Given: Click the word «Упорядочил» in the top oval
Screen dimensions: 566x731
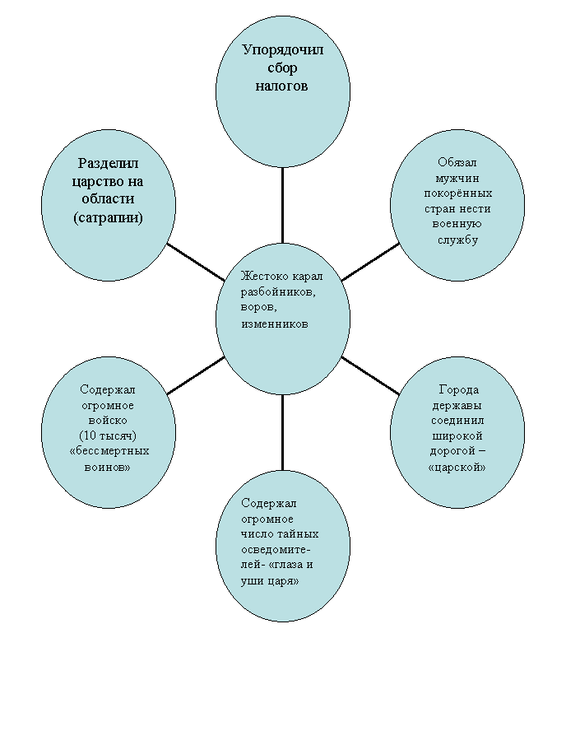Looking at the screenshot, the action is [283, 51].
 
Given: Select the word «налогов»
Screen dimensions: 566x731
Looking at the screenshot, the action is [281, 86].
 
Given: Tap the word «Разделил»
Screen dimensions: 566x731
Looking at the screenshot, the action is [108, 164].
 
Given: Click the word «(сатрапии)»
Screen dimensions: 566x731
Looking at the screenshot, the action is [108, 217].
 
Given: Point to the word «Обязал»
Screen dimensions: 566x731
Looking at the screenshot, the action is [457, 162].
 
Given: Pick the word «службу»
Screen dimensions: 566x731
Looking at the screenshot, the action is [457, 240].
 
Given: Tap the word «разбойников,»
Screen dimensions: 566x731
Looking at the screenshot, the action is [278, 293].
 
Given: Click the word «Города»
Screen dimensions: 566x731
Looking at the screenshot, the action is [459, 389].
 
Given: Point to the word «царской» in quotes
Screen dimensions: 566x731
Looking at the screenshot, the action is [457, 467].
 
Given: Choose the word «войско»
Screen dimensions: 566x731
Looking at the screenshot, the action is [108, 420].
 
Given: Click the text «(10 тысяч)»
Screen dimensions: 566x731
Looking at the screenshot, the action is [108, 436].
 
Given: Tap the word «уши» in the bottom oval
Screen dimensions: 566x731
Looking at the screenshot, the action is [252, 581].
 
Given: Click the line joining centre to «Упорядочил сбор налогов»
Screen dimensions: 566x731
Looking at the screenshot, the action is [282, 205].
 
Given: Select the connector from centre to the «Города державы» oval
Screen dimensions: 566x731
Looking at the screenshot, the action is [370, 375].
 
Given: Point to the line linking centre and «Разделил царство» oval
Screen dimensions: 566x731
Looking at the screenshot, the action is [196, 262].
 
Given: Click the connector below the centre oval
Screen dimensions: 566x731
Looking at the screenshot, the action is [282, 431].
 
